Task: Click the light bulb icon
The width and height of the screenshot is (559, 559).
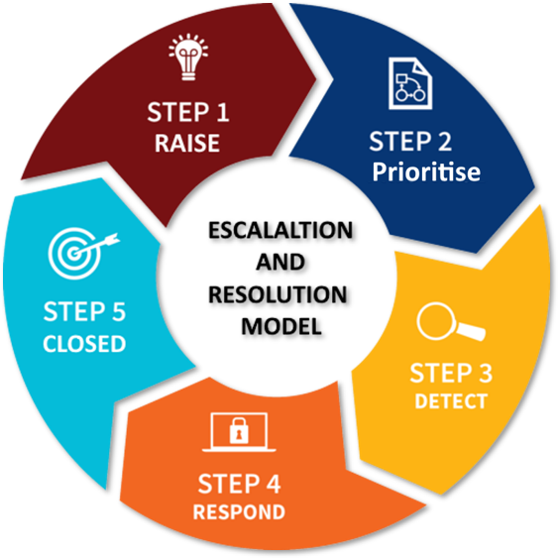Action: pos(188,57)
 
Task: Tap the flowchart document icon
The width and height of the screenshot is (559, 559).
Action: pos(410,83)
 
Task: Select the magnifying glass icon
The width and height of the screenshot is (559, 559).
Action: pos(451,321)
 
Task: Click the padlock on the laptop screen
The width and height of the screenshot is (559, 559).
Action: pos(239,431)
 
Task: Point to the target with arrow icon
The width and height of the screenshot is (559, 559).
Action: pos(83,253)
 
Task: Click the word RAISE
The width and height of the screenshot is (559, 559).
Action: pos(187,144)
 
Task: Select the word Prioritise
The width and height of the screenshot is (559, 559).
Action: pos(426,171)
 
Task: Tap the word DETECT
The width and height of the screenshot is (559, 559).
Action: pos(451,401)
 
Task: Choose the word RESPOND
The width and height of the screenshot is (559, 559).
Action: pos(239,512)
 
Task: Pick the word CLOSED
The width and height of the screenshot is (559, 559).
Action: pos(84,344)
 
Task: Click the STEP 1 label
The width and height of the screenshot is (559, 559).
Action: pos(188,112)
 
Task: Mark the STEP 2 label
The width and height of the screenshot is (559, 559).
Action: pos(410,141)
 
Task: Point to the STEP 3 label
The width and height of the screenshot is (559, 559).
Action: pos(451,373)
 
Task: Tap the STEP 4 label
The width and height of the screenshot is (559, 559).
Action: pos(239,484)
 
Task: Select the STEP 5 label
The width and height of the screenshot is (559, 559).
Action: pos(84,311)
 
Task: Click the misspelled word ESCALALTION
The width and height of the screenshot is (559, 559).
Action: pos(280,230)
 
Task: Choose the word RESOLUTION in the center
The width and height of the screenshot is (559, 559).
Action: pos(278,294)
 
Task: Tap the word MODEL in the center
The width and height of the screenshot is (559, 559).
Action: pos(281,326)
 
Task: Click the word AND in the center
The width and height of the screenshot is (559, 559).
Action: pos(280,262)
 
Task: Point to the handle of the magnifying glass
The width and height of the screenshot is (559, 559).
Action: pos(471,331)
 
